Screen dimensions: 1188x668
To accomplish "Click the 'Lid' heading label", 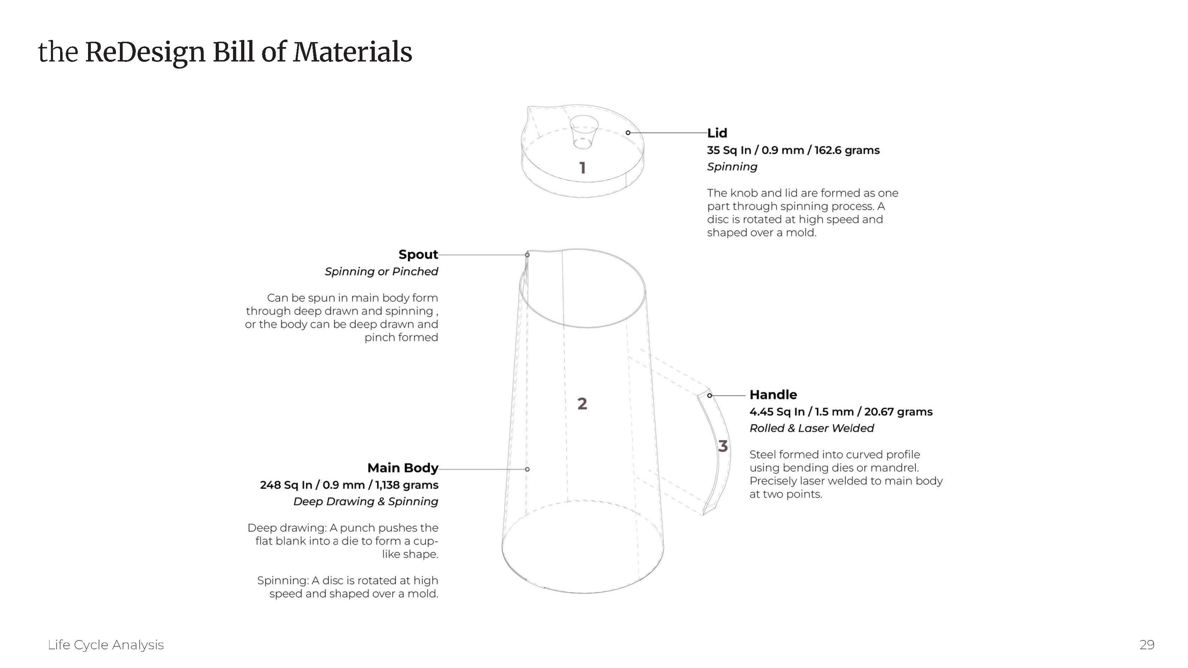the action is point(717,133).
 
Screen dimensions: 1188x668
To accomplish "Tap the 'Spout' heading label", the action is point(418,254).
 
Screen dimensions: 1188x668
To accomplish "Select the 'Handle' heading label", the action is point(773,395).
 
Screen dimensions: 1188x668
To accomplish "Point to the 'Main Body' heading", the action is point(403,468).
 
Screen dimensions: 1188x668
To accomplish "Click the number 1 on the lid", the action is point(582,168).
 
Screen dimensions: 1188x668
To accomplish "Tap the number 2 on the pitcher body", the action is point(582,404).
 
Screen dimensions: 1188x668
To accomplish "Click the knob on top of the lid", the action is point(583,131).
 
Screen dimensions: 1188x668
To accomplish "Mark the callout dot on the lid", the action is point(628,133).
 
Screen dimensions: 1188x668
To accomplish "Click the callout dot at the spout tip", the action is point(527,255).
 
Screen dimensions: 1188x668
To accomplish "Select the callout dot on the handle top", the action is point(709,395).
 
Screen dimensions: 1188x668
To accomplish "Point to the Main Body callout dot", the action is point(527,469).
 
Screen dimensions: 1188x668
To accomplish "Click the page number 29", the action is point(1147,644).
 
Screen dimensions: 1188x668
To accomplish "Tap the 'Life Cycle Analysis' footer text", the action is point(106,644).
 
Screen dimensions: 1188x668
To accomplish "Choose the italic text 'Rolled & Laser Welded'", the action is point(811,428).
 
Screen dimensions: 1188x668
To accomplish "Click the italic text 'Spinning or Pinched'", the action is point(382,271).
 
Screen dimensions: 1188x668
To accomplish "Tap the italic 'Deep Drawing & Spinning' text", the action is point(366,502).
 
